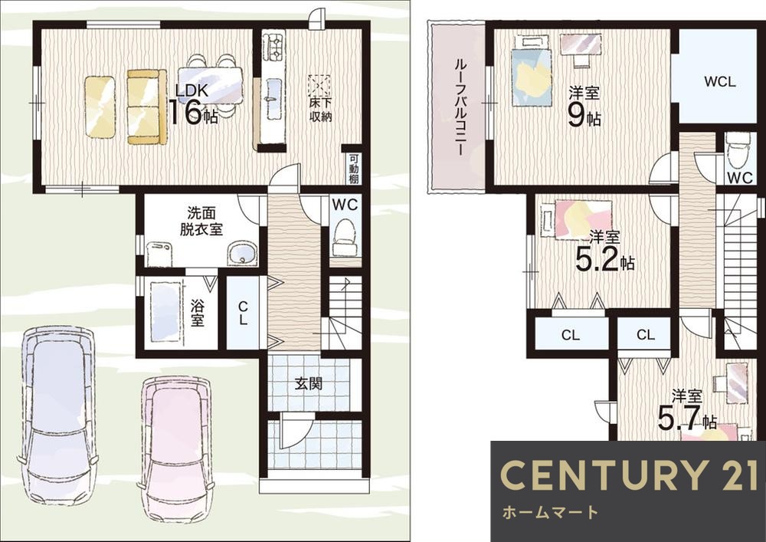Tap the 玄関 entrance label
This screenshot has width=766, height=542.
pos(309,384)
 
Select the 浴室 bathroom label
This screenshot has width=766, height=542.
pos(197,313)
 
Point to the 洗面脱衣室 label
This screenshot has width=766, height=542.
pos(201,222)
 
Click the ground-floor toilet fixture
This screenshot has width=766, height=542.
pos(345,237)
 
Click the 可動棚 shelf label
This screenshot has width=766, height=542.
pos(354,169)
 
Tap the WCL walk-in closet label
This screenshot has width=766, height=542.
pos(719,81)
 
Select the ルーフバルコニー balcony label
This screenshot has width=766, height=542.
pos(459,107)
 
